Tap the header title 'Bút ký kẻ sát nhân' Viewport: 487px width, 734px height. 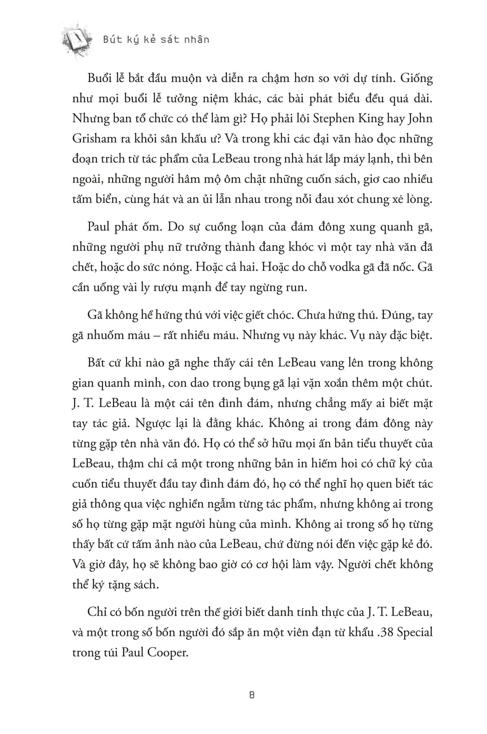(156, 39)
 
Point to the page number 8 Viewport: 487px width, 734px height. (252, 695)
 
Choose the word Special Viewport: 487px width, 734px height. (415, 632)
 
